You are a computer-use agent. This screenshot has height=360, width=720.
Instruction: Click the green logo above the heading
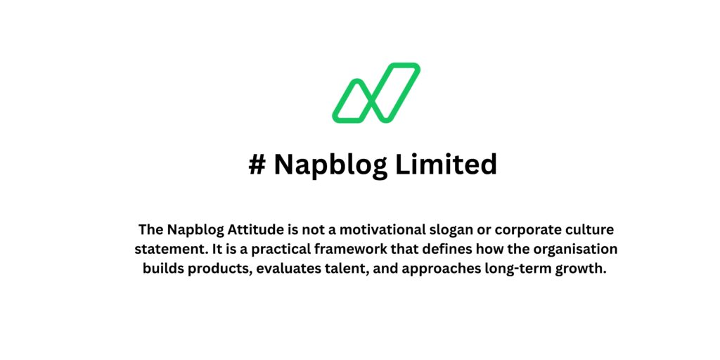point(375,92)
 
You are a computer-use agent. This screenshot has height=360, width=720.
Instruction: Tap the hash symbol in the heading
point(257,165)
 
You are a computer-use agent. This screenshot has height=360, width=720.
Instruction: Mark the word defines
point(438,250)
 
